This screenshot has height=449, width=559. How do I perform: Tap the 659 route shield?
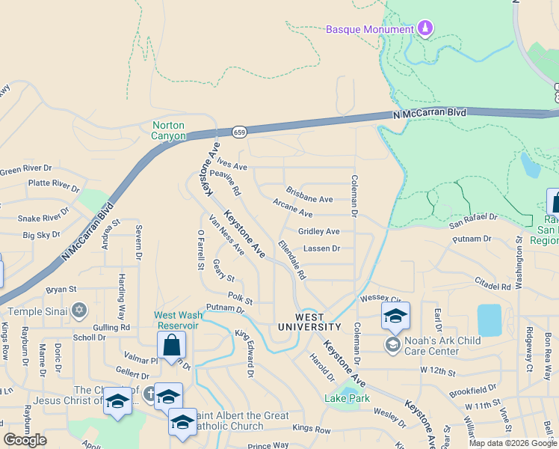[239, 132]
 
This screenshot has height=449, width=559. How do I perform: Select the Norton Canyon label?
[168, 130]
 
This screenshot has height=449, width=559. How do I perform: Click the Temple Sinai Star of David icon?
[79, 310]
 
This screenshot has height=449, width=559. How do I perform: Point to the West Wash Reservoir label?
[176, 320]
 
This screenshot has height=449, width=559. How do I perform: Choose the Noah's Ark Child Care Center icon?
[392, 344]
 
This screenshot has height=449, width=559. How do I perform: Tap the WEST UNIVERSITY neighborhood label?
[309, 323]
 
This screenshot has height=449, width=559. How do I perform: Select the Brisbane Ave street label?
[309, 199]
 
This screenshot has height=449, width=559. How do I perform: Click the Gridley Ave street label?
[318, 232]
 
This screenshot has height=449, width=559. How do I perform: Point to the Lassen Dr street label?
[321, 248]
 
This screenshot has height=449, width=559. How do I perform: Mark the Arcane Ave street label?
[292, 213]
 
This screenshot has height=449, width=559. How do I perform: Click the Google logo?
[25, 439]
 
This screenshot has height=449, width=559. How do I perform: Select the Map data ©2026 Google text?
[512, 443]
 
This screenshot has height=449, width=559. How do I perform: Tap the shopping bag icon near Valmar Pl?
[171, 346]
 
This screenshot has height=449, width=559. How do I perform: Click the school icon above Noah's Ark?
[395, 316]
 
